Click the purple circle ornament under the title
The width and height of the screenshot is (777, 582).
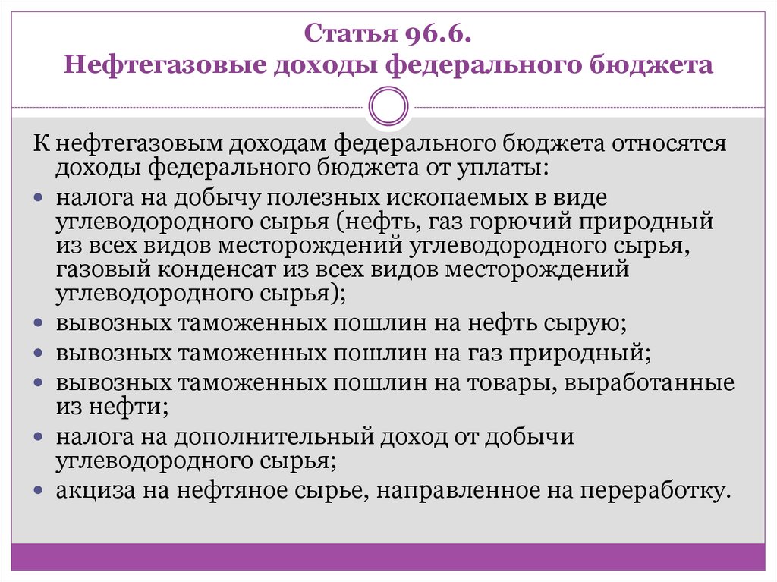point(388,105)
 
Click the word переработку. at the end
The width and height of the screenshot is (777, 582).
point(655,489)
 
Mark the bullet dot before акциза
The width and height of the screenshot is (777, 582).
point(39,489)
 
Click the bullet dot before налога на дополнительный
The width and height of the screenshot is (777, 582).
point(39,438)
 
